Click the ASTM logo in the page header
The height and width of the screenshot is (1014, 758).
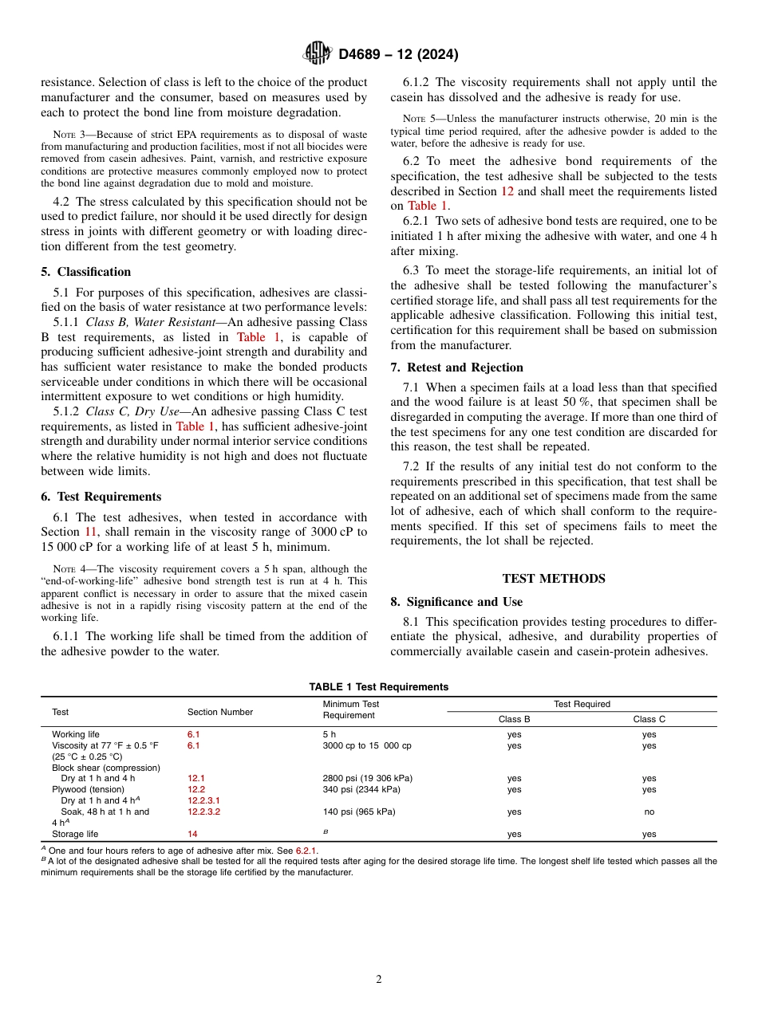coord(318,53)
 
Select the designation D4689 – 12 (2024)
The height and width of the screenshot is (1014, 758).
coord(398,54)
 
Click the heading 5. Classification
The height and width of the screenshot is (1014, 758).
coord(86,272)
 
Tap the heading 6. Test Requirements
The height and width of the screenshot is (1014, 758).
coord(101,497)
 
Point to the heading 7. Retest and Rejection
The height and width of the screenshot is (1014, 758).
coord(456,367)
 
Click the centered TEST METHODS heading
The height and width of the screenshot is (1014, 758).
coord(554,579)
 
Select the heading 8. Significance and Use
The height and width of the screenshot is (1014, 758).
coord(456,602)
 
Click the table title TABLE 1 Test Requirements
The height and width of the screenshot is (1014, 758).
coord(379,686)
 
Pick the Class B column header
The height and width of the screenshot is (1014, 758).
coord(514,719)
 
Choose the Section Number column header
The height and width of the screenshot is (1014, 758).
coord(220,712)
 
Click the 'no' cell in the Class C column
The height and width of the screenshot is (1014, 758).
coord(649,812)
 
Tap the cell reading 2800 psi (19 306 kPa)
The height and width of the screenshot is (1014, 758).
coord(367,778)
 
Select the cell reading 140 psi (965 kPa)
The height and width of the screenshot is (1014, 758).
coord(358,812)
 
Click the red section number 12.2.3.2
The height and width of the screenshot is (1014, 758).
coord(203,812)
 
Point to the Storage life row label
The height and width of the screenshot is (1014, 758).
coord(75,834)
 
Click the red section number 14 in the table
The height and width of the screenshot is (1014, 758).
coord(192,834)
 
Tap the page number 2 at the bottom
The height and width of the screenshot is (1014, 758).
coord(379,980)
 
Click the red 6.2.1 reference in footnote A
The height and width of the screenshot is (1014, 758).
coord(306,851)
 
